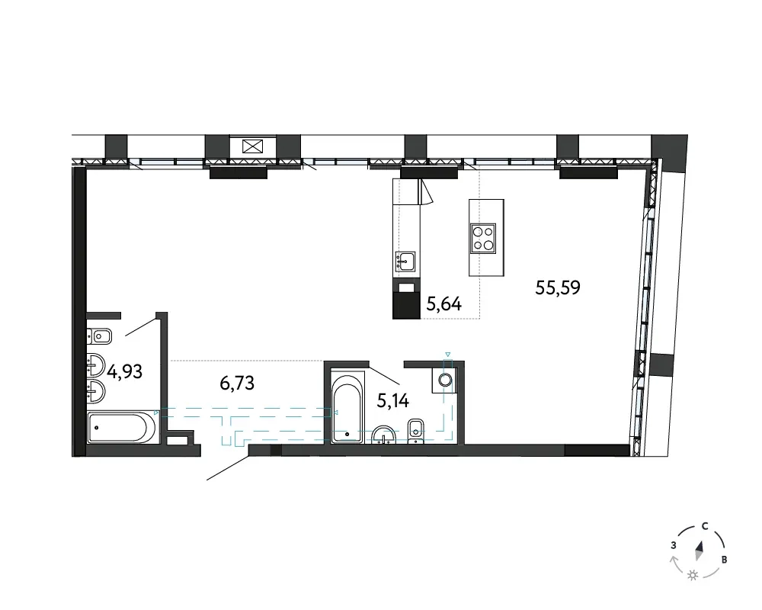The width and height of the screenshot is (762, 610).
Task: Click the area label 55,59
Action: point(558,287)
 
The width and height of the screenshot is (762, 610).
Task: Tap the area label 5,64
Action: point(443,304)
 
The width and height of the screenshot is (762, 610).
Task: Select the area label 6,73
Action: point(237,384)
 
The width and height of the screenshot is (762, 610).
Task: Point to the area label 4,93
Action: point(125,371)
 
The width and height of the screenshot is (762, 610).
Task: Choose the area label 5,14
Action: point(392,401)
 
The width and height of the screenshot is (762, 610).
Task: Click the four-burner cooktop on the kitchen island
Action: point(483,239)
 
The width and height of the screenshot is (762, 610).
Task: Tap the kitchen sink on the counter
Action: point(405,262)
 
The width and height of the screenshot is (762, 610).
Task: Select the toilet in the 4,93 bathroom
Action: point(99,336)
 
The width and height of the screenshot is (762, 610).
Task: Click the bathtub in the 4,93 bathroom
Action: point(121,428)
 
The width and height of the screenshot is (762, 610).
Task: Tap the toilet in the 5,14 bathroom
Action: point(415,432)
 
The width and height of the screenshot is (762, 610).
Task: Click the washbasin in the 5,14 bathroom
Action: point(384,435)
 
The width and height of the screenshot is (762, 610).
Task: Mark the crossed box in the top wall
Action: point(253,146)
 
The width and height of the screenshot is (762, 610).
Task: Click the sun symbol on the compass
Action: point(693,575)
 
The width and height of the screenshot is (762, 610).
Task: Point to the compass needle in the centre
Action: point(700,551)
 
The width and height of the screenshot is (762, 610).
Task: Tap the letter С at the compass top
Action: point(705,526)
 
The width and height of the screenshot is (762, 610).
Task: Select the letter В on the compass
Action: point(724,560)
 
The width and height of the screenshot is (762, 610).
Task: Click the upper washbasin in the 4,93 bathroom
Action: point(96,364)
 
